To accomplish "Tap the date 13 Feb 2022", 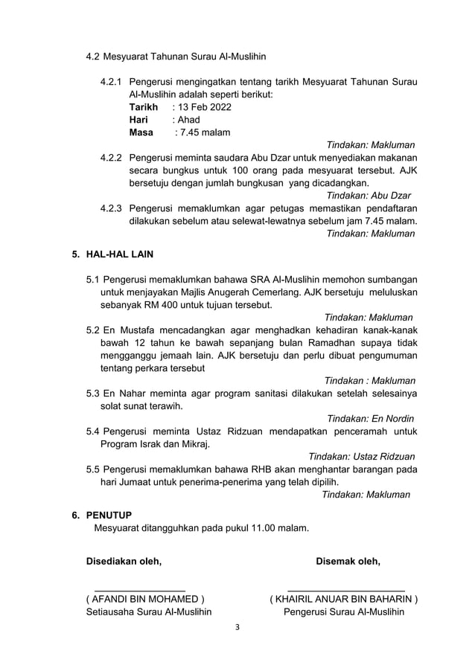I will [x=205, y=107].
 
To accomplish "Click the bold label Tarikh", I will [x=144, y=107].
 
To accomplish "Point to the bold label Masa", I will [x=141, y=132].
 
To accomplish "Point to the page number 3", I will [x=238, y=627].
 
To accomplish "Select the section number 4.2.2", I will [x=112, y=158].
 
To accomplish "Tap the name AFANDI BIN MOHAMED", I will [x=146, y=599].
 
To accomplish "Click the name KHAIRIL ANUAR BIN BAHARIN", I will [x=343, y=599].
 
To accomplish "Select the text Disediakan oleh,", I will [x=124, y=560].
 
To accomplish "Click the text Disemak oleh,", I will [x=348, y=560].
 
